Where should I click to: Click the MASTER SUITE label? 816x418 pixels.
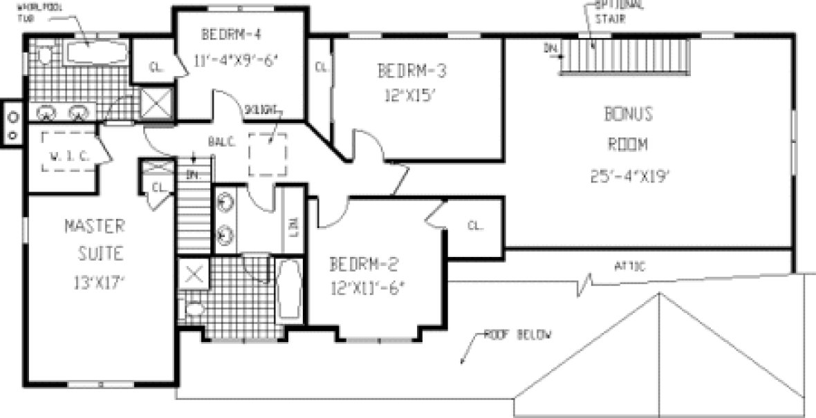point(95,239)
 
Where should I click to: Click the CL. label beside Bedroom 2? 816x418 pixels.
point(474,225)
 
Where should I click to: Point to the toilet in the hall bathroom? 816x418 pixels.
point(194,310)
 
